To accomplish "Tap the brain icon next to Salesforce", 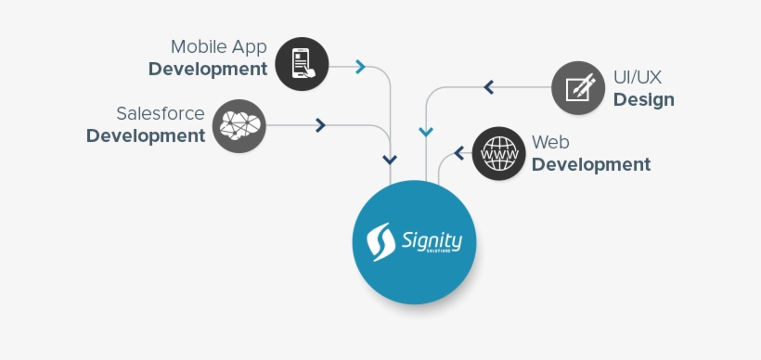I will [x=239, y=125].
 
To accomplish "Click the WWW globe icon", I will [x=499, y=153].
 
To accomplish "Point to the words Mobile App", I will [x=219, y=46].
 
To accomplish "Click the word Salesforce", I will [x=161, y=113].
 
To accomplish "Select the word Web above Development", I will [x=550, y=142].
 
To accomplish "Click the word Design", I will [x=643, y=99].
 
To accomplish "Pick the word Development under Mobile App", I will [x=208, y=70].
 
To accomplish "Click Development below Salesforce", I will [x=146, y=136].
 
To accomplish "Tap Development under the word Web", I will [x=591, y=165].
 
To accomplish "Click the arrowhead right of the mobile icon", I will [x=360, y=67].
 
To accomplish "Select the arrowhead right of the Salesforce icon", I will [x=320, y=125].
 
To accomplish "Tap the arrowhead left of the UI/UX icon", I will [x=488, y=88].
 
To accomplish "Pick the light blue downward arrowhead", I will [x=426, y=133].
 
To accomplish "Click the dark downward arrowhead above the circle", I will [x=391, y=160].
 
